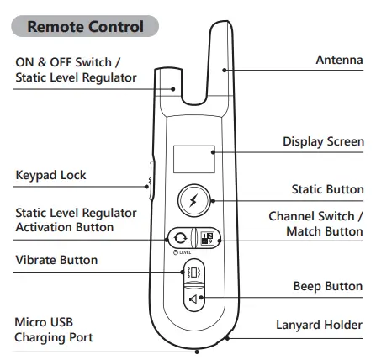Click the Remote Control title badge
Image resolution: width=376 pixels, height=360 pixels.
click(x=85, y=25)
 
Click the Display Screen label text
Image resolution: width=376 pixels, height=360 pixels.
click(x=322, y=141)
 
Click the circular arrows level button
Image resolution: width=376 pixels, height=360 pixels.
click(x=179, y=238)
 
